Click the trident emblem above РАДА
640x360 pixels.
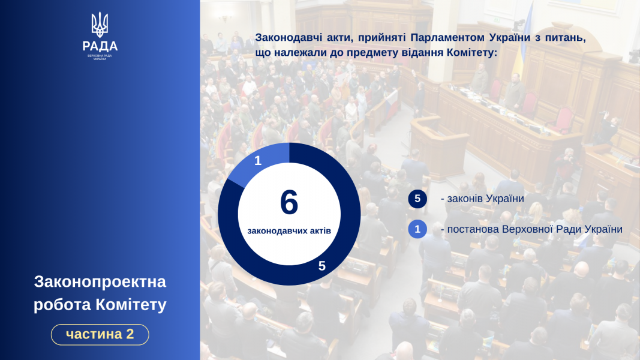[x=100, y=25]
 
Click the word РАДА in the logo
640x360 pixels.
[x=100, y=46]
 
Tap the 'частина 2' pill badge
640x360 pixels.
[x=100, y=334]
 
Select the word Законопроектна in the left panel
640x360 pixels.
[x=100, y=281]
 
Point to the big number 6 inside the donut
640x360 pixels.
[x=289, y=202]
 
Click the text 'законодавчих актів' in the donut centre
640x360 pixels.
[x=289, y=231]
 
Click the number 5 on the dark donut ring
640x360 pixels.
[x=322, y=266]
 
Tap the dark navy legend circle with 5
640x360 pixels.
[x=417, y=199]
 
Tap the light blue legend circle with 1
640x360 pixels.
[x=417, y=229]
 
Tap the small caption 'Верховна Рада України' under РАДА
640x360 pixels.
[x=100, y=57]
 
